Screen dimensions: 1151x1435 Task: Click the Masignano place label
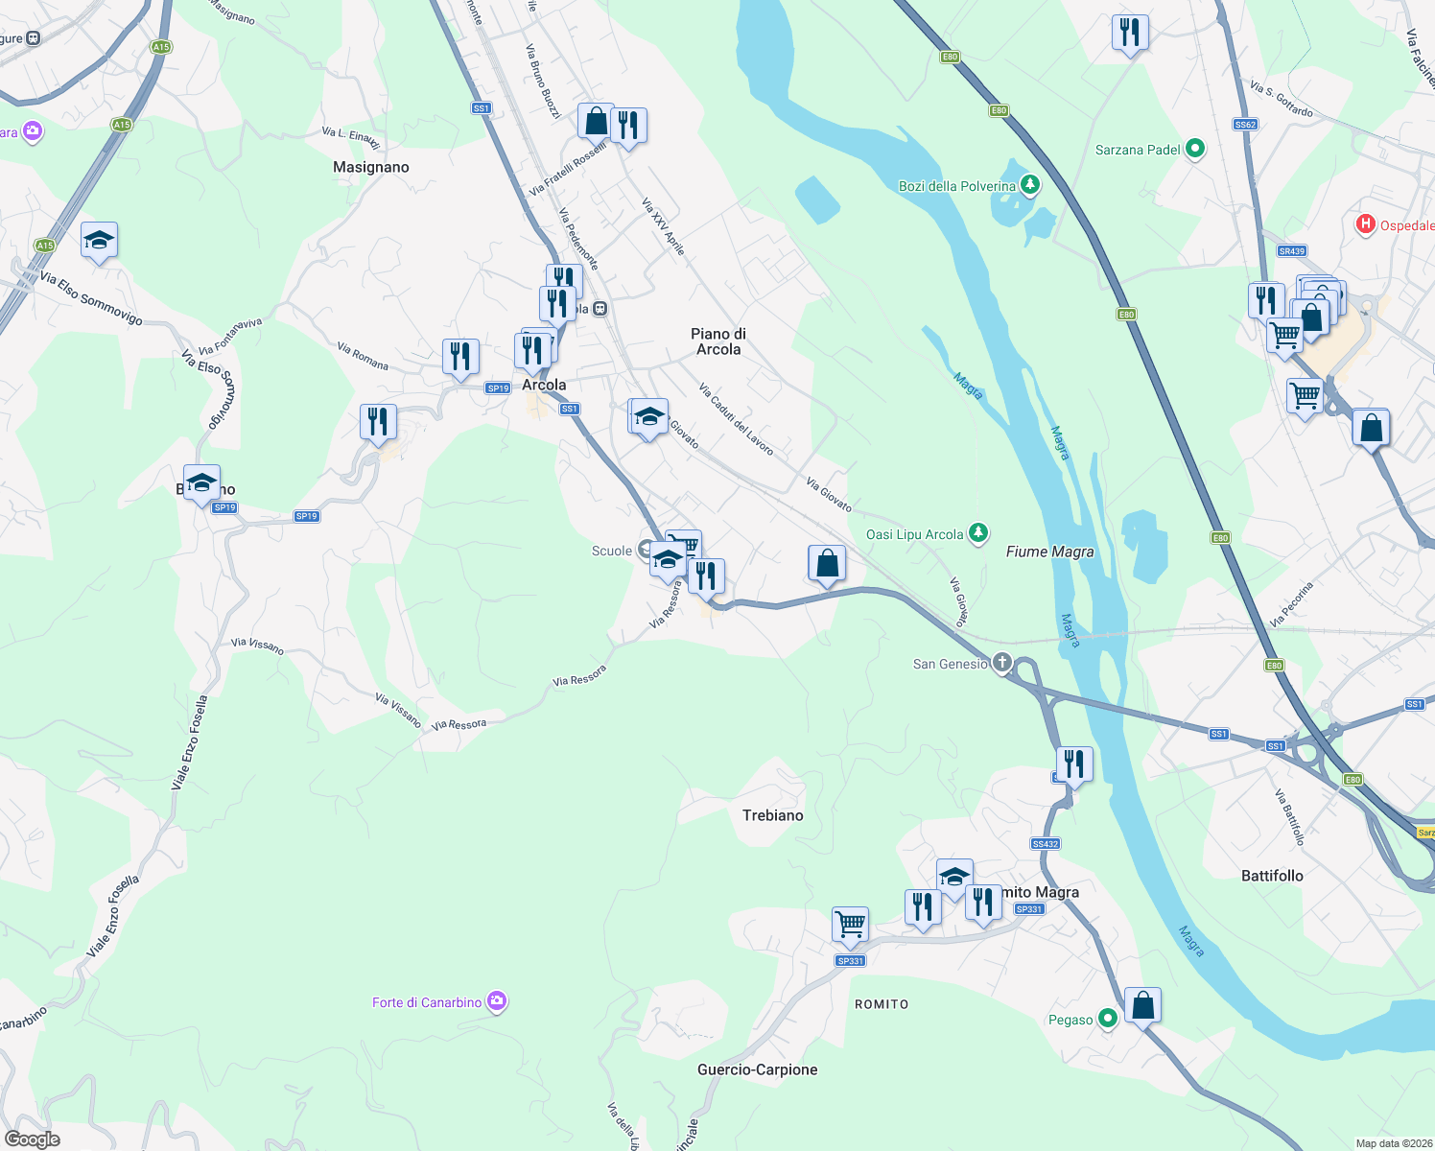pos(370,167)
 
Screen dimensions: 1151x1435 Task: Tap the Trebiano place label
pos(772,815)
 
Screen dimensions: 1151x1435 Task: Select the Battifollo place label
pos(1272,876)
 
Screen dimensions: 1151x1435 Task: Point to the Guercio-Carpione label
pos(757,1069)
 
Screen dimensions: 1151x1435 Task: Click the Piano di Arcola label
pos(718,341)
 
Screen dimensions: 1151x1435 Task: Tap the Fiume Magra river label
pos(1049,552)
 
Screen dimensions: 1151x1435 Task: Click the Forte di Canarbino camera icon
pos(496,1002)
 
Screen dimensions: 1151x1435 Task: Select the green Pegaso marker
pos(1108,1019)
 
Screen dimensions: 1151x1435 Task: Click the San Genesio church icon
pos(1001,663)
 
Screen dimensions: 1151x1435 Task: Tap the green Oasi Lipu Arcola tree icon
pos(977,533)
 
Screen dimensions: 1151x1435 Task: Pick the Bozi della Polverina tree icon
pos(1030,184)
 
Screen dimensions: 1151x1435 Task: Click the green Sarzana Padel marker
pos(1195,149)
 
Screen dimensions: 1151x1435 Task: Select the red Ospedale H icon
pos(1365,224)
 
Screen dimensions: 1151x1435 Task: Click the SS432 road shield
pos(1045,844)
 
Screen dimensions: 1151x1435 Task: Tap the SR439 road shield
pos(1291,251)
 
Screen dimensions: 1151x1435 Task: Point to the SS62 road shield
pos(1245,125)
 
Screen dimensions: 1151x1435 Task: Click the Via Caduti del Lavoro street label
pos(736,419)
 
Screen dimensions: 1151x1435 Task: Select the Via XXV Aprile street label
pos(664,226)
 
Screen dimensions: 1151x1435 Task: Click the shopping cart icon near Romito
pos(850,924)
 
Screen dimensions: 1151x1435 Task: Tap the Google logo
pos(33,1139)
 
